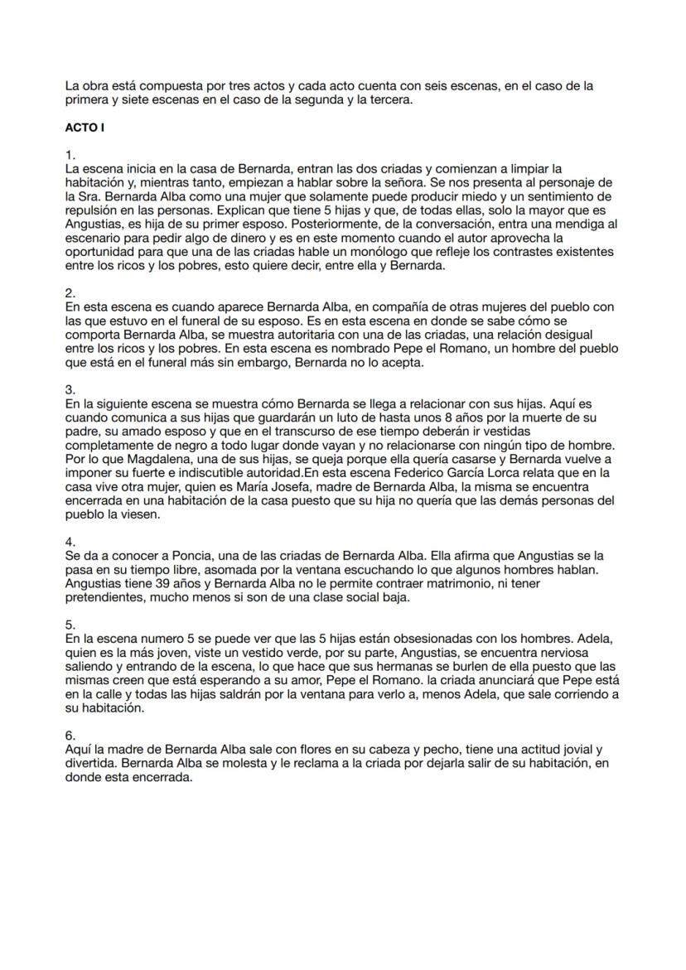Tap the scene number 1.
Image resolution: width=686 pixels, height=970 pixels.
[70, 155]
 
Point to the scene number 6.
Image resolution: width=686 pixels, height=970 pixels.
[70, 735]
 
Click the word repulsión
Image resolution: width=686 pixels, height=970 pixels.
[94, 199]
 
